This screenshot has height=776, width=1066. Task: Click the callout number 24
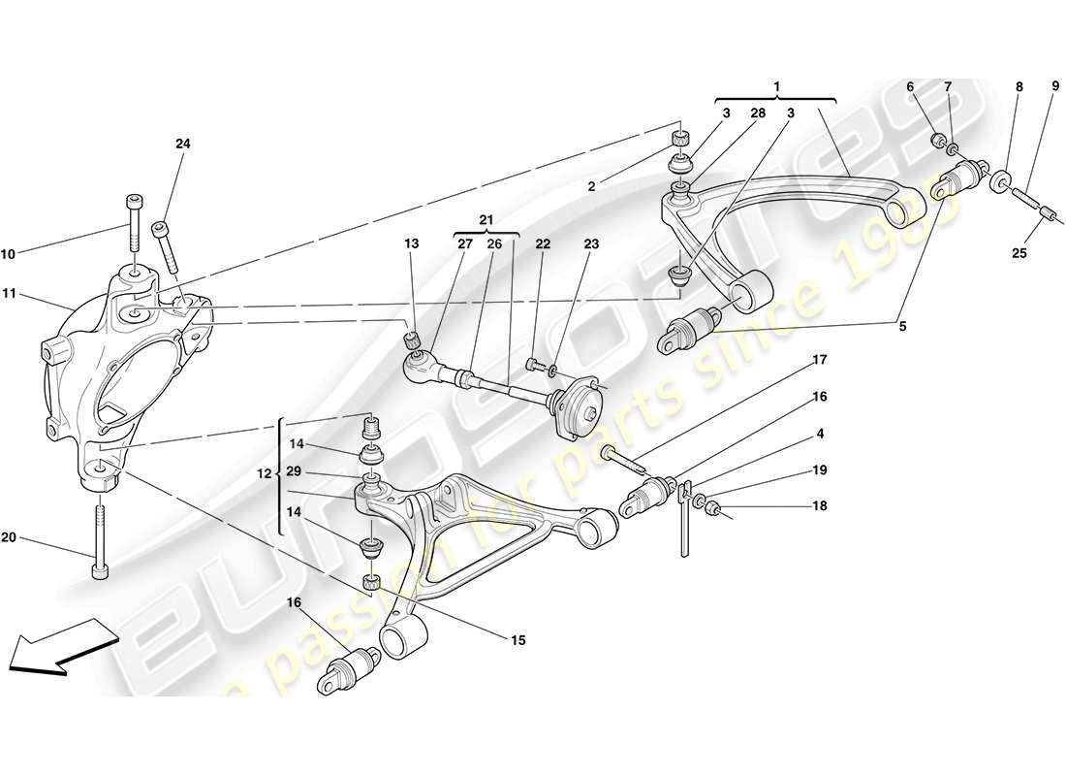[x=183, y=144]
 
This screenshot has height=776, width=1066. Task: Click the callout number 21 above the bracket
[x=486, y=220]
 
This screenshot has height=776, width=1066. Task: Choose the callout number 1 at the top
[x=777, y=86]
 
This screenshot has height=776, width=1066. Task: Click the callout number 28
[x=758, y=113]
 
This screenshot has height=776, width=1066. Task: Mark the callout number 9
[x=1054, y=86]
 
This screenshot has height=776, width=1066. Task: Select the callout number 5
[x=902, y=327]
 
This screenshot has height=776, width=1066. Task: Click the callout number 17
[x=819, y=360]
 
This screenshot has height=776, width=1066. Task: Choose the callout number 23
[x=590, y=244]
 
